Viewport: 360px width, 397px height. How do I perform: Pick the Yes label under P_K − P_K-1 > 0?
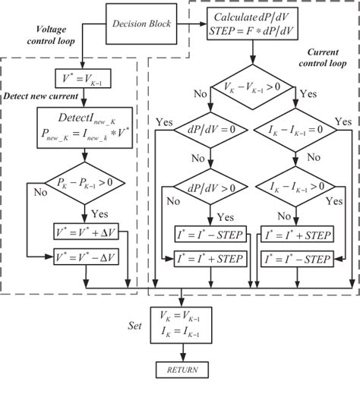pos(77,213)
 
